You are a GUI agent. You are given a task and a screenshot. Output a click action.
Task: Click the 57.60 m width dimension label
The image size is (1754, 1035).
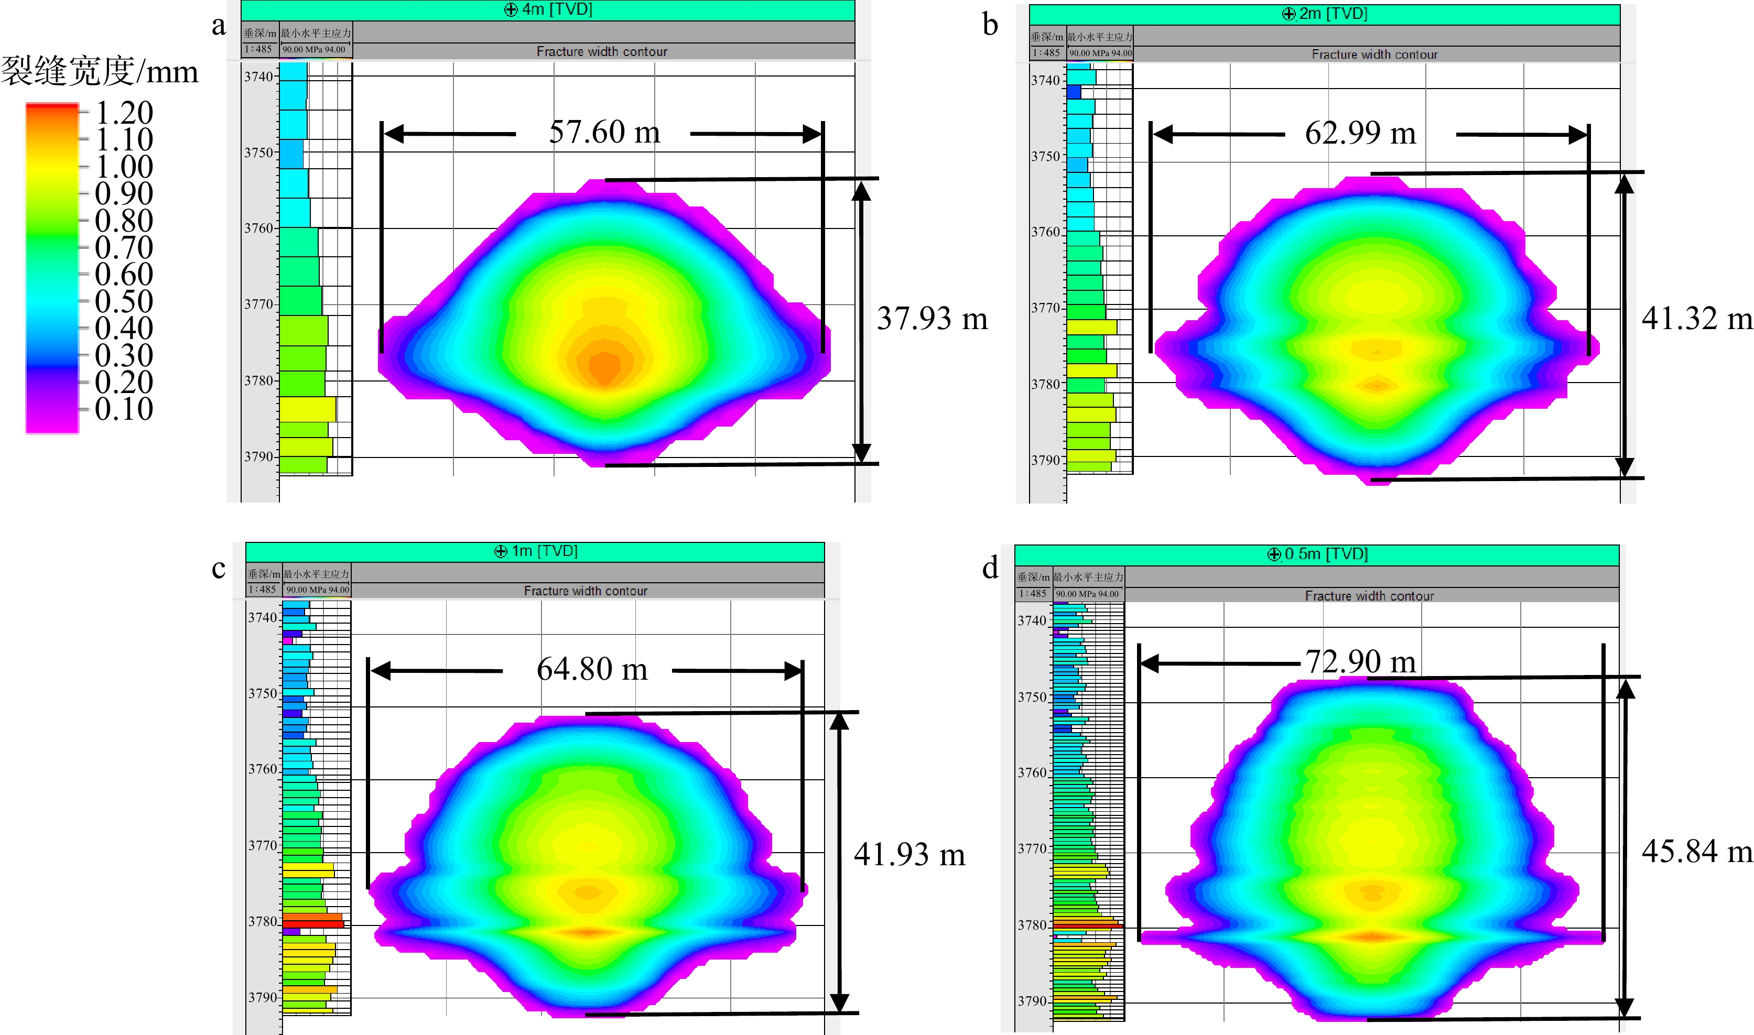604,132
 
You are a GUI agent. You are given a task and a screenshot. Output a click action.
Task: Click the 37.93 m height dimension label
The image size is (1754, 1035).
932,319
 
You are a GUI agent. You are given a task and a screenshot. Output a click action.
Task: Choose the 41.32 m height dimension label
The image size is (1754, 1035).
1696,319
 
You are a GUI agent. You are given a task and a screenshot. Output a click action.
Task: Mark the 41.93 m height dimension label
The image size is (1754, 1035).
909,854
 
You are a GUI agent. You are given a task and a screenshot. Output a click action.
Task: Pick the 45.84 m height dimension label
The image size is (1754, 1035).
1696,852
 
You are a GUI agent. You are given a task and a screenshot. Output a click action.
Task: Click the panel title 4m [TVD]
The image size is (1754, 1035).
549,10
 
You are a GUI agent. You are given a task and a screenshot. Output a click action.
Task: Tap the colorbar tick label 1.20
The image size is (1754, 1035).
124,112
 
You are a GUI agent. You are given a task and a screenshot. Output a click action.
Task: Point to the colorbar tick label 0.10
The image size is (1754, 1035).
124,409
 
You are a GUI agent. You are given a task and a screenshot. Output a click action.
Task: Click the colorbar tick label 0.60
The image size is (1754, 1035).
124,274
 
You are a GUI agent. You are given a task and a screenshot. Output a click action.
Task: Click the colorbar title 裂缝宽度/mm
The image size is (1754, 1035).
99,72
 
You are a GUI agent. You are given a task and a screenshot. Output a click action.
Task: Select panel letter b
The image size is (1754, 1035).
990,25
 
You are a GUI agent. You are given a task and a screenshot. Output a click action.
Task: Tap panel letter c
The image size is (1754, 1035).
218,569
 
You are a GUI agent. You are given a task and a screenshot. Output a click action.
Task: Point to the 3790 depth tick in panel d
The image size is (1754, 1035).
1032,1001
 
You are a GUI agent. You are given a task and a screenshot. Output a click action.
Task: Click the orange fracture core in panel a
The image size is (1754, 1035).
604,364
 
